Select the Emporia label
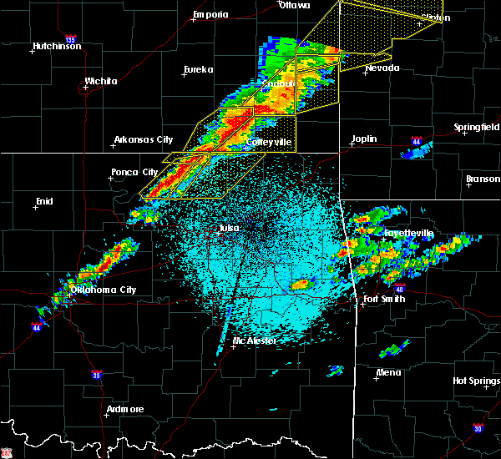tap(210, 14)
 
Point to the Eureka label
tap(199, 69)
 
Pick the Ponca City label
tap(134, 173)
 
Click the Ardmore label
tap(124, 409)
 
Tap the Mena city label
tap(387, 372)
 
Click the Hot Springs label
tap(475, 381)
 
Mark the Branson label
tap(483, 179)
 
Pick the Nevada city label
tap(382, 68)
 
